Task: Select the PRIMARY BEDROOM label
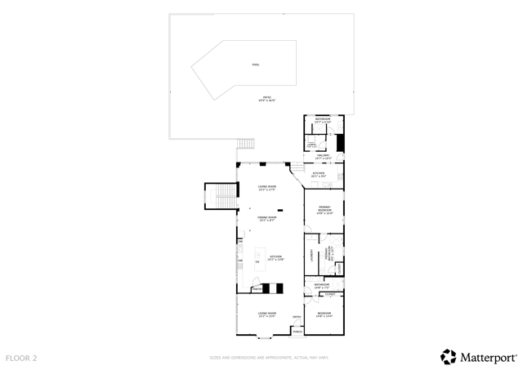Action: point(324,210)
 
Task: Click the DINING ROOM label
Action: point(267,218)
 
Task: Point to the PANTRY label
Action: point(257,288)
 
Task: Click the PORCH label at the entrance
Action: point(297,332)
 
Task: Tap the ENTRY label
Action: point(297,317)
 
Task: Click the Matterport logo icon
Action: point(449,357)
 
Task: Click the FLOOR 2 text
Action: point(21,358)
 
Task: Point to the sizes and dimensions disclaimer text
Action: point(269,358)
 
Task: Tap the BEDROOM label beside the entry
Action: point(324,314)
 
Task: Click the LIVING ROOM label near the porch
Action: point(267,314)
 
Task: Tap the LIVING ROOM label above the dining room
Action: point(267,187)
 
